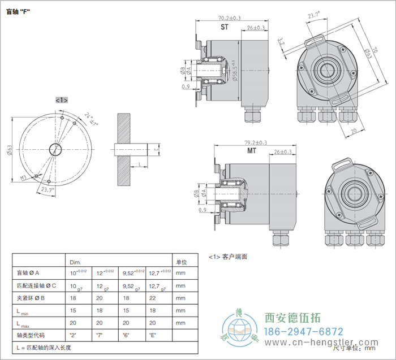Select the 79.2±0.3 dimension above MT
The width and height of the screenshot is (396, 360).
(256, 142)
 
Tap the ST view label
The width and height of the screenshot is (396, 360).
(224, 27)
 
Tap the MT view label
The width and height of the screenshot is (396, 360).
(252, 151)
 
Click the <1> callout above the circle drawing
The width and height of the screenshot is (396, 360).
(62, 99)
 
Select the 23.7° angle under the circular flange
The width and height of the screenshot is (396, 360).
(48, 190)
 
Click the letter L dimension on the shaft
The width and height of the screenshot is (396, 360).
(139, 163)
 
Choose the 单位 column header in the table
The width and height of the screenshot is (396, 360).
(182, 262)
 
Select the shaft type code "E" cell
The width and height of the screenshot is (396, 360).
(153, 335)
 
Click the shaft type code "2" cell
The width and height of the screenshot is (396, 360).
(73, 335)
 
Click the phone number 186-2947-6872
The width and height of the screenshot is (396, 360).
(304, 331)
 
